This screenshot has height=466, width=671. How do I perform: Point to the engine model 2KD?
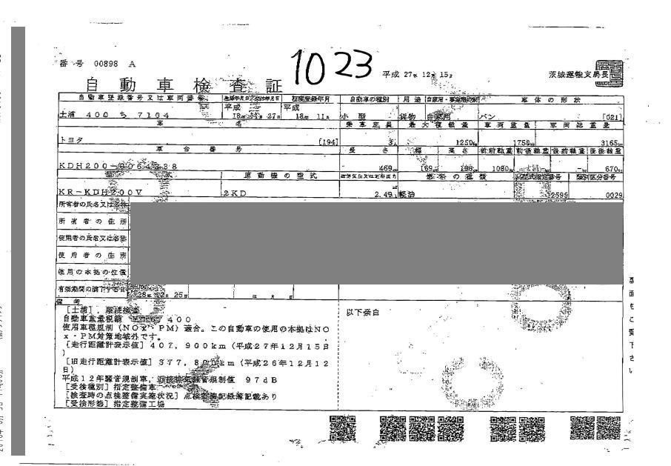point(231,193)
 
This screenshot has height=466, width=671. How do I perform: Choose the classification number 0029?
point(611,195)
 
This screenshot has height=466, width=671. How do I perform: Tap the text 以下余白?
point(362,312)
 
